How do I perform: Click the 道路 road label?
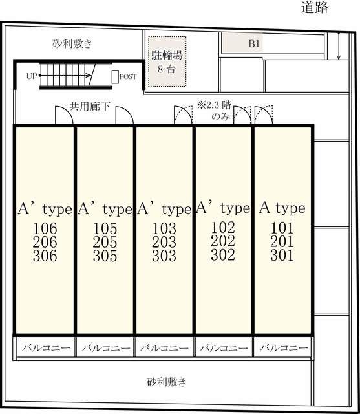[315, 7]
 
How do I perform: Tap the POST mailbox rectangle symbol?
[115, 77]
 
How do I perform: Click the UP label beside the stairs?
[32, 76]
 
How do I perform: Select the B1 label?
[254, 43]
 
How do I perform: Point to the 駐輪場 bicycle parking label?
[167, 55]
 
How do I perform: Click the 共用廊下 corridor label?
[90, 106]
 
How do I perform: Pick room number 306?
[45, 256]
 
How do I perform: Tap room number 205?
[105, 242]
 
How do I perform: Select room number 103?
[164, 228]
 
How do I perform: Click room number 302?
[223, 255]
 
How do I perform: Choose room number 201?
[282, 241]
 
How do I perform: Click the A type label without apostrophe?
[282, 208]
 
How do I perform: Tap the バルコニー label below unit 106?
[46, 347]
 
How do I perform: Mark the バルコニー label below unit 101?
[284, 347]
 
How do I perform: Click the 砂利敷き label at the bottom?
[166, 382]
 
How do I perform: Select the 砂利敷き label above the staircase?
[72, 43]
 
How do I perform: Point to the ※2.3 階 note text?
[215, 105]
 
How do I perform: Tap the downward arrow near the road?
[339, 46]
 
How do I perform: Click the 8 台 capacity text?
[166, 69]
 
